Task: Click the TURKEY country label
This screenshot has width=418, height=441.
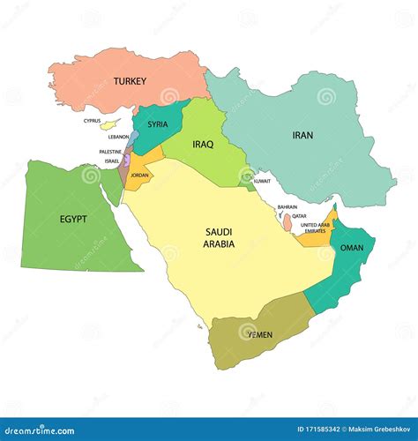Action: pos(130,80)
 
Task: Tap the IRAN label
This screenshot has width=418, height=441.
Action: pos(302,135)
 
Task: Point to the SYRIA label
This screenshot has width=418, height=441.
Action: pos(157,124)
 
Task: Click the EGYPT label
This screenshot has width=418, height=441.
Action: pos(73,218)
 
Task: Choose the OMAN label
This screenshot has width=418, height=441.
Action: pos(352,248)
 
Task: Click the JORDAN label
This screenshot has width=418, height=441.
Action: pos(139,176)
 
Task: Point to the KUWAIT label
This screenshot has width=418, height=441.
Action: pos(262,181)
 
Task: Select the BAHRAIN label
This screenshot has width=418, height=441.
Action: pos(287,206)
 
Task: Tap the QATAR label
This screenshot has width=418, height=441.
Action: pos(300,215)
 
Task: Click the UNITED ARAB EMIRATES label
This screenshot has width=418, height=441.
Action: pos(314,228)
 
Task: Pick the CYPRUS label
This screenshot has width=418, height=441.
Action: pos(93,120)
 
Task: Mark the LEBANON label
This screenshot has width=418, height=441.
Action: pos(119,137)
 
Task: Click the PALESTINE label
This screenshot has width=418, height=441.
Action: pos(110,152)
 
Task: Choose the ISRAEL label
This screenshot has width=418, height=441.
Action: pos(112,161)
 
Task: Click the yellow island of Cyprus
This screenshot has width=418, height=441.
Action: pos(109,125)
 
